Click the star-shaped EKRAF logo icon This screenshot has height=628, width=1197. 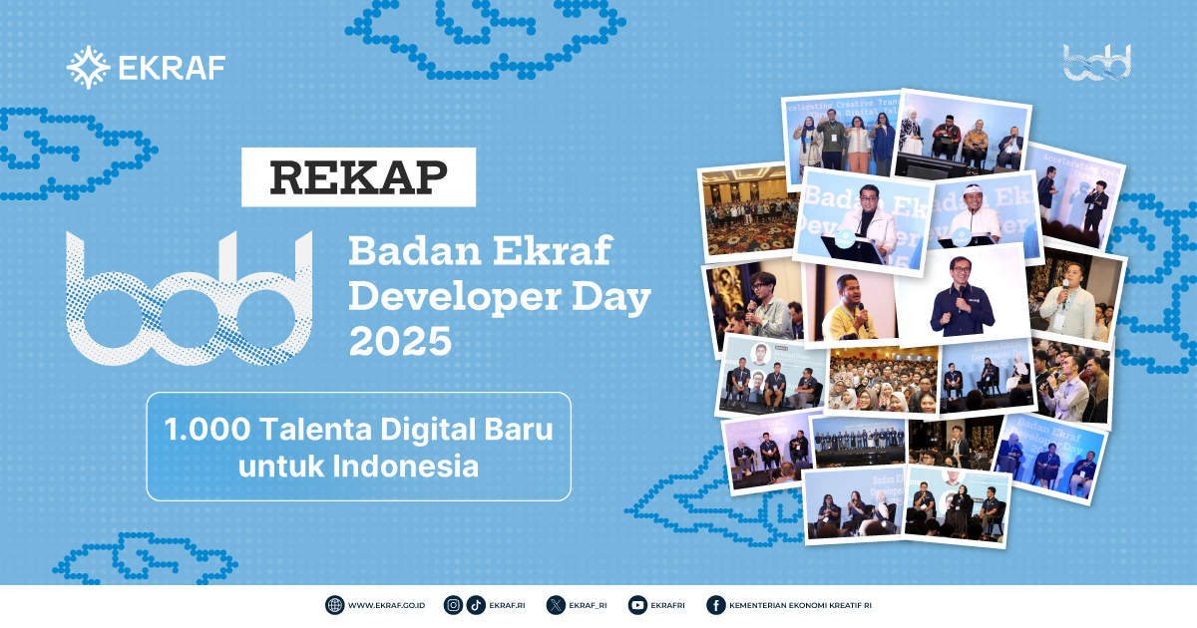point(88,67)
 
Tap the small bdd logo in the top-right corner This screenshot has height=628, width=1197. point(1096,62)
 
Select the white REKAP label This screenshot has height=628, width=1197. point(359,176)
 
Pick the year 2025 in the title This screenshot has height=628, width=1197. point(399,341)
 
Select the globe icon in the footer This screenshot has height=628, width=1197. point(334,605)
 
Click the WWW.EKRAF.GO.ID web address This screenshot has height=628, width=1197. point(387,605)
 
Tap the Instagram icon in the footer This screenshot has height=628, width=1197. point(454,605)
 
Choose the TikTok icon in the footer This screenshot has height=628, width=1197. point(476,605)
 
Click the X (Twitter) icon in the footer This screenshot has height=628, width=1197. point(557,605)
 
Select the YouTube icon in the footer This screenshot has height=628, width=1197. point(637,605)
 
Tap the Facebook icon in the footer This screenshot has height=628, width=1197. point(715,605)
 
